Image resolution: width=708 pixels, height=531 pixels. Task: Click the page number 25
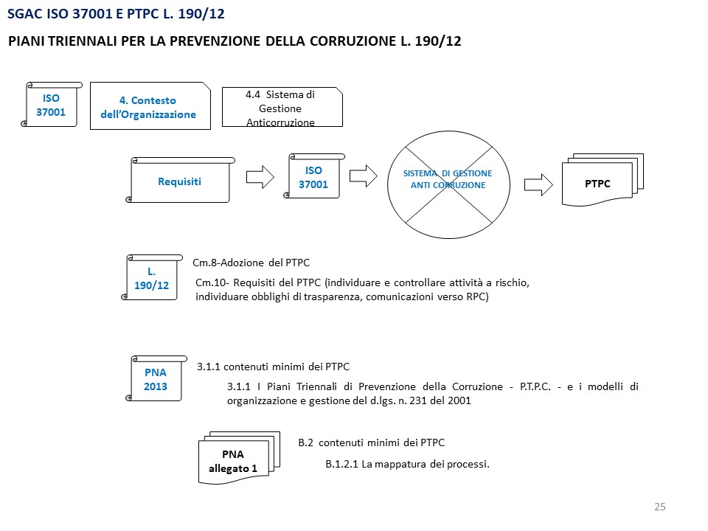659,506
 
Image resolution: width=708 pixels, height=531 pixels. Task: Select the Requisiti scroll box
179,181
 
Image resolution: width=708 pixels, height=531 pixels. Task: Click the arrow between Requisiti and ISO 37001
259,177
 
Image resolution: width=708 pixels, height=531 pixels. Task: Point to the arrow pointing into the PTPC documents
537,184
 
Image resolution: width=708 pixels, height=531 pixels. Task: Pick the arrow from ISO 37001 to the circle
363,177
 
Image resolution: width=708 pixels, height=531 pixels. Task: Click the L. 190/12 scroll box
152,278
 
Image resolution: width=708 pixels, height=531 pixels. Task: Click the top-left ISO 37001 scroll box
51,105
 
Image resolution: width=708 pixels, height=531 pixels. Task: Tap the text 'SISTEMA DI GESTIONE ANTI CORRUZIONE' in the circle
448,179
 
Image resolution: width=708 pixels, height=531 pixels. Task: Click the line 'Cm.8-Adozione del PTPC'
251,263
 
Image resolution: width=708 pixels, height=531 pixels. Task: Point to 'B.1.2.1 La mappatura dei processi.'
408,464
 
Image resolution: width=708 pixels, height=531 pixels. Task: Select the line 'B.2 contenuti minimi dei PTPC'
371,442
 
